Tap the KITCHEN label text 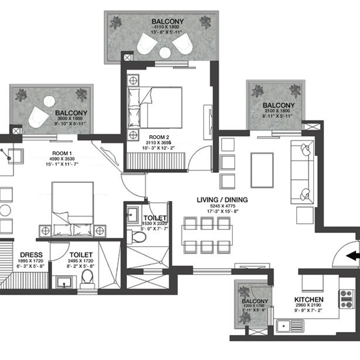click(x=309, y=300)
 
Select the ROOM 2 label click(x=156, y=136)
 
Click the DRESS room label click(x=31, y=254)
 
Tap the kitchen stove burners click(x=347, y=299)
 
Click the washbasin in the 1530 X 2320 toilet click(x=133, y=216)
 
